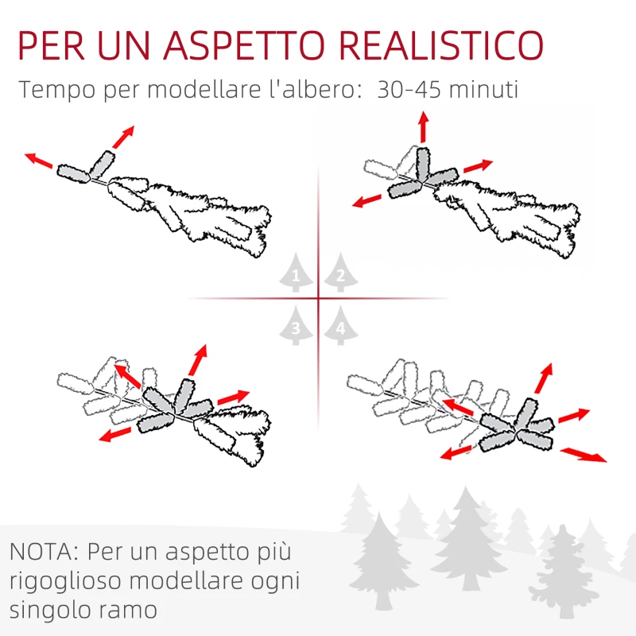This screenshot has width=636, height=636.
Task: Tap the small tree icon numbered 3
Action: point(296,326)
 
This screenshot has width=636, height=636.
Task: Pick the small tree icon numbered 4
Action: point(340,326)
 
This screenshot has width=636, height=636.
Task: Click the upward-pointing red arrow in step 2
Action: point(423,127)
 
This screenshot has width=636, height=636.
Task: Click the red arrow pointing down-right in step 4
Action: point(583,454)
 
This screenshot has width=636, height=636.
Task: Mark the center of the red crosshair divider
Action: point(318,299)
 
